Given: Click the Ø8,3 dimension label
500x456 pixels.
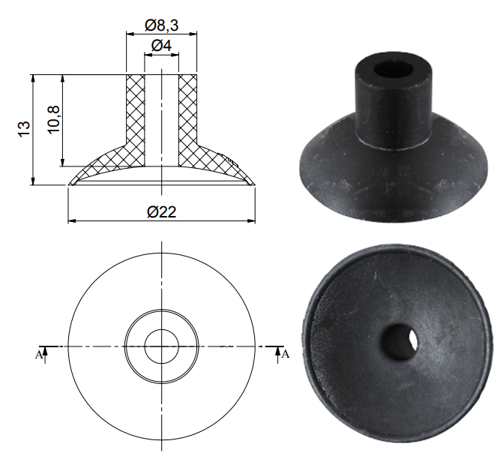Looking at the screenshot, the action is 161,25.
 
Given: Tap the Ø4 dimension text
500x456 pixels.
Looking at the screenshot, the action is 161,46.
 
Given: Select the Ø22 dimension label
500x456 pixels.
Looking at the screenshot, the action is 162,211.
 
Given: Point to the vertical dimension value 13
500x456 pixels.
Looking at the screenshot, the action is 24,129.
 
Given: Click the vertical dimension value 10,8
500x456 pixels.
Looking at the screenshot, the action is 53,120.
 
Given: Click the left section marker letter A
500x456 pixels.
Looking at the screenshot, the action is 38,355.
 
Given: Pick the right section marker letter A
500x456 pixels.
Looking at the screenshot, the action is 286,354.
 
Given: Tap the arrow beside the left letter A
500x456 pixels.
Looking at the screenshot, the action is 45,355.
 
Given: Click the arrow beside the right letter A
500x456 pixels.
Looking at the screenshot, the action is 278,355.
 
